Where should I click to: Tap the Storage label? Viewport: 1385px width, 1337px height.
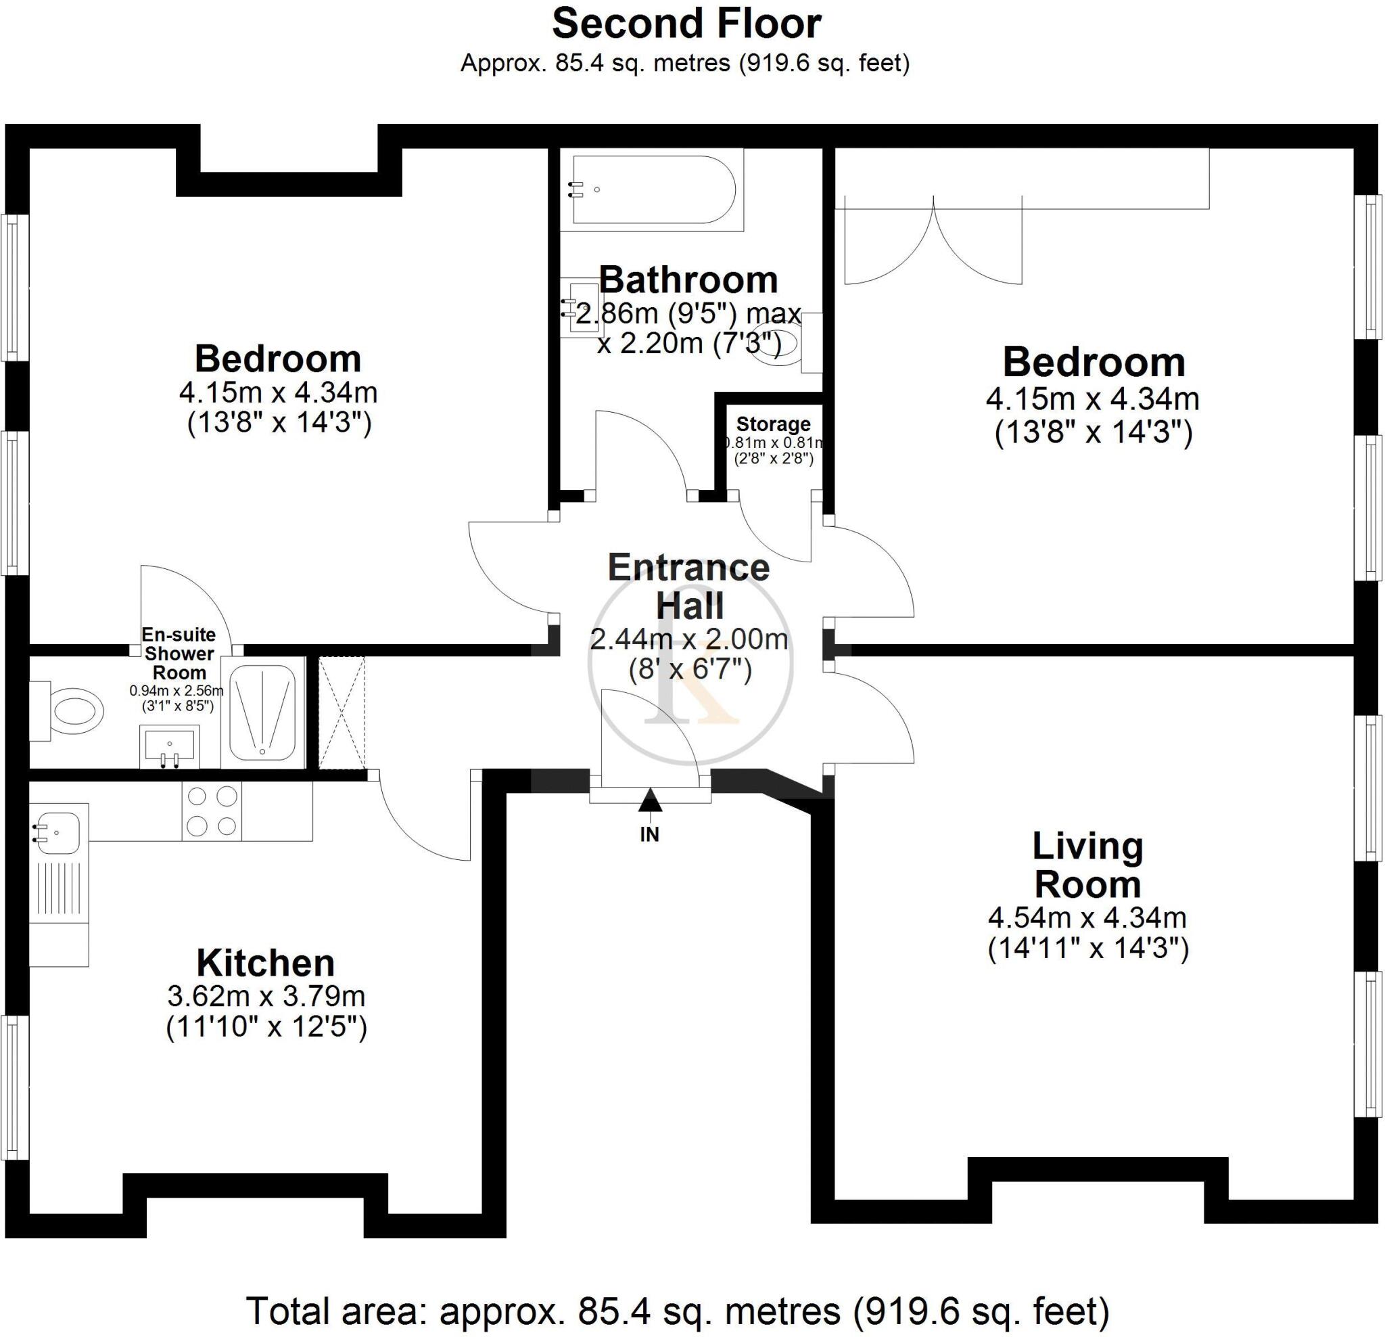coord(773,424)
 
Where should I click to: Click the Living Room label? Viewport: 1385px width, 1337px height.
coord(1087,865)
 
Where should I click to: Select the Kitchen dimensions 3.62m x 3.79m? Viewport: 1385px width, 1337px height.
coord(266,996)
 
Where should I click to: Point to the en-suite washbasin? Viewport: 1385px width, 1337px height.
coord(170,745)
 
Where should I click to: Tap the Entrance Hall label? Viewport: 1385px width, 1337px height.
coord(689,586)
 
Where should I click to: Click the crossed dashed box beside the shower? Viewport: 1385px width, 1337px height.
coord(342,712)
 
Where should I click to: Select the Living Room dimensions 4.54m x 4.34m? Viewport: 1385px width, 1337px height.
coord(1087,917)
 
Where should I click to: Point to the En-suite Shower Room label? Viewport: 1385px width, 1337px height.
coord(179,654)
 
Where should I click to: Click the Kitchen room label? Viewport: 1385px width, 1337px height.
coord(266,962)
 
